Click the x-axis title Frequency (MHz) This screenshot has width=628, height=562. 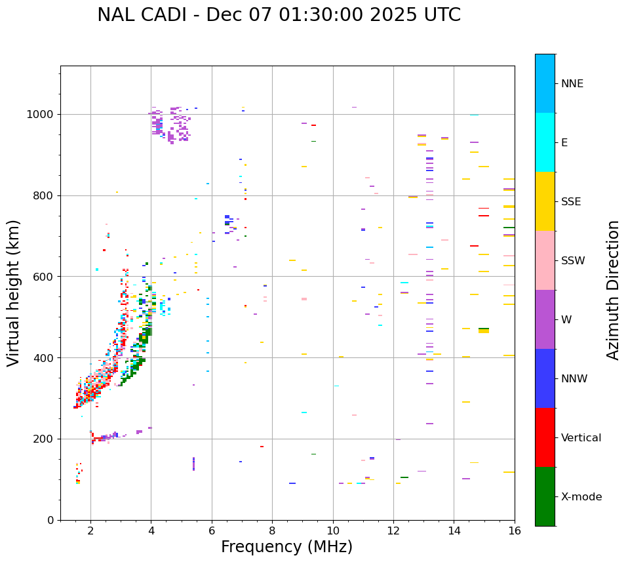point(286,547)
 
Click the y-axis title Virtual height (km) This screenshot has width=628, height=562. point(14,292)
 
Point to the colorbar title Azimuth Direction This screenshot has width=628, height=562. point(613,289)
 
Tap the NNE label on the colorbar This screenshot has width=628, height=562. point(572,84)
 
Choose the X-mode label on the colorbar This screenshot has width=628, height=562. point(581,497)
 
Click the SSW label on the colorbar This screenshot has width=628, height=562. point(573,261)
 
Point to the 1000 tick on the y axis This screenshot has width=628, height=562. point(41,114)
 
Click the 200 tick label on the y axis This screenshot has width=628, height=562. point(45,439)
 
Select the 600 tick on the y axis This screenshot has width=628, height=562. point(45,277)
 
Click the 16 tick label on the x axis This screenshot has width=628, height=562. point(515,531)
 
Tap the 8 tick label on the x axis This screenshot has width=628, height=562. point(272,531)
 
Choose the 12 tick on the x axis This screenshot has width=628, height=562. point(393,531)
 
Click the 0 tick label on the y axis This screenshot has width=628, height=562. point(51,520)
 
